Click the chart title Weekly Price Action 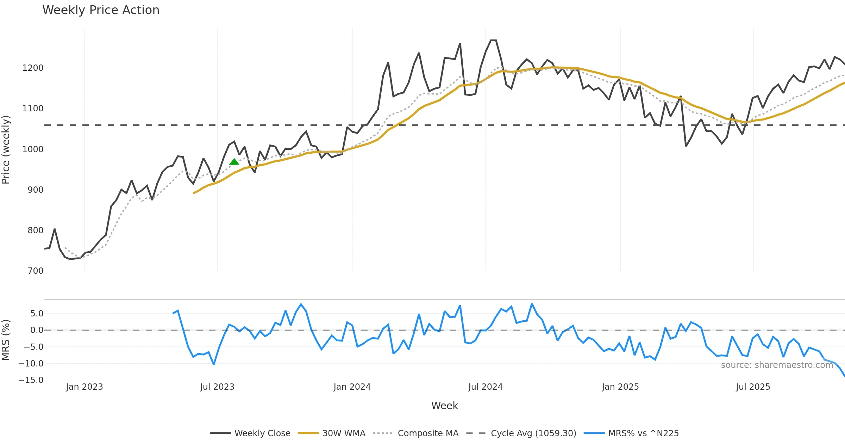[101, 10]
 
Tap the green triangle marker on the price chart [234, 162]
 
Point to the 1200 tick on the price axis [33, 68]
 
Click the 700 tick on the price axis [35, 271]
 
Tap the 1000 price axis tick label [33, 149]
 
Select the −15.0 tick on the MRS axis [31, 380]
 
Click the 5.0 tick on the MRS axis [37, 313]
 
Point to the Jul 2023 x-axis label [217, 387]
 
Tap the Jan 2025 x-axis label [620, 387]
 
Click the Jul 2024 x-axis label [485, 387]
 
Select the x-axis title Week [444, 406]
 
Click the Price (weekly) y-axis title [6, 150]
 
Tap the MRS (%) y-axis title [6, 340]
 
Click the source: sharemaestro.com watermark [777, 365]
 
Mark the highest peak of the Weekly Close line [493, 41]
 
